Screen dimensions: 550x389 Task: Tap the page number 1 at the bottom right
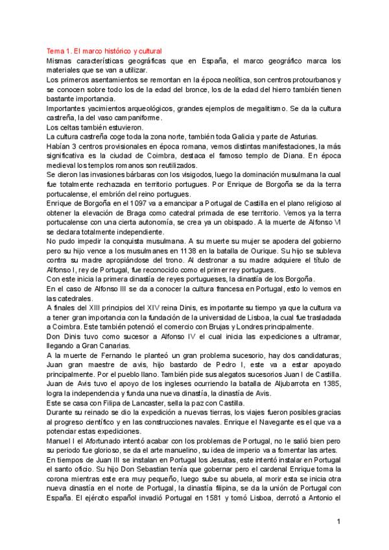338,521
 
